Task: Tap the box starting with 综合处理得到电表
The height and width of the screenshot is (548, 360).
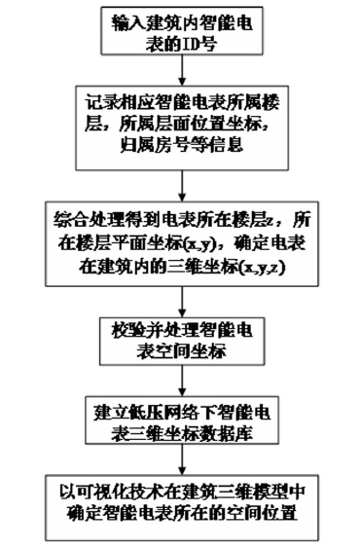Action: [x=181, y=239]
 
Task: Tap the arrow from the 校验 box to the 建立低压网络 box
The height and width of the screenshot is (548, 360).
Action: [x=181, y=375]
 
